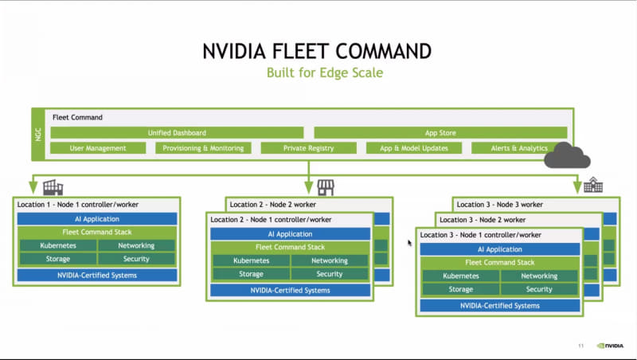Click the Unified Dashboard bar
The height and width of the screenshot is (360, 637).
pyautogui.click(x=177, y=133)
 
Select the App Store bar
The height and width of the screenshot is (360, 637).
pyautogui.click(x=440, y=133)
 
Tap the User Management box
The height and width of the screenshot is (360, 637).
pyautogui.click(x=98, y=148)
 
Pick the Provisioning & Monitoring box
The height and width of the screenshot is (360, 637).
pyautogui.click(x=202, y=148)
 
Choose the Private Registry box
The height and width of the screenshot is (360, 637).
pyautogui.click(x=307, y=148)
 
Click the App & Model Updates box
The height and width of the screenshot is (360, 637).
pyautogui.click(x=413, y=148)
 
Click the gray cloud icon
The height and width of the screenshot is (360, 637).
pyautogui.click(x=566, y=155)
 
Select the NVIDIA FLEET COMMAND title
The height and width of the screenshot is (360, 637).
pyautogui.click(x=318, y=51)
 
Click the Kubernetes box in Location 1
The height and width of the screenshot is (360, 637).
pyautogui.click(x=58, y=246)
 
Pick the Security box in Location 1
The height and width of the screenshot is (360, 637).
pyautogui.click(x=136, y=259)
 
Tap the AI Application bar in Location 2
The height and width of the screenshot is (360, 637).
pyautogui.click(x=290, y=234)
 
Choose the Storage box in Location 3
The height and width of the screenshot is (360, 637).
pyautogui.click(x=460, y=289)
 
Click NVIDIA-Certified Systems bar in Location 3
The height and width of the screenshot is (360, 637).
pyautogui.click(x=499, y=305)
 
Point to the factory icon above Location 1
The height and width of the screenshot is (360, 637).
pyautogui.click(x=53, y=187)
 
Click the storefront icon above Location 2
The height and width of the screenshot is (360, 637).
pyautogui.click(x=325, y=187)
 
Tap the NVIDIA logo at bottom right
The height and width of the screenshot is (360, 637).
pyautogui.click(x=610, y=346)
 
